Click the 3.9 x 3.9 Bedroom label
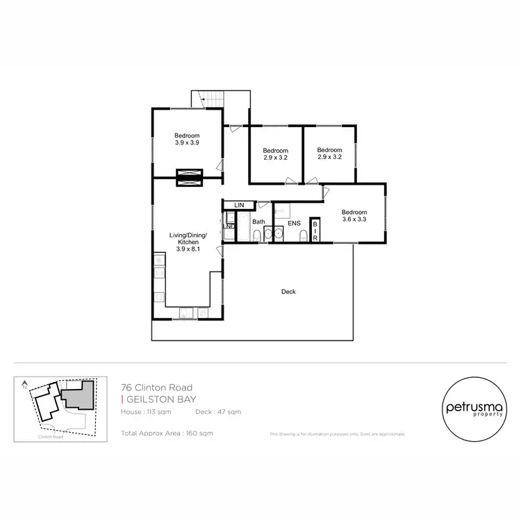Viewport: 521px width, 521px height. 187,139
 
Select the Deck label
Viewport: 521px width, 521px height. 288,292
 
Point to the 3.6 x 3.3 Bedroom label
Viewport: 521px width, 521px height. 354,215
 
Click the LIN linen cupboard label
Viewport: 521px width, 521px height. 239,205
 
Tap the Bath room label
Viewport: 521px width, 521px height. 258,222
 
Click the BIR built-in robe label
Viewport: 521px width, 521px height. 315,230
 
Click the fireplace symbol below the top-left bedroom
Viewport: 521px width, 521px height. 188,178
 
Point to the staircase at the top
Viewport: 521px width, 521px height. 209,98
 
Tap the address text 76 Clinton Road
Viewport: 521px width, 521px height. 156,388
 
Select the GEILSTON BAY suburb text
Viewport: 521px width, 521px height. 159,399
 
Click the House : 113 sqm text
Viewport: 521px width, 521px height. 146,412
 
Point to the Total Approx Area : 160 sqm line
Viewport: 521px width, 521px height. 167,433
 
